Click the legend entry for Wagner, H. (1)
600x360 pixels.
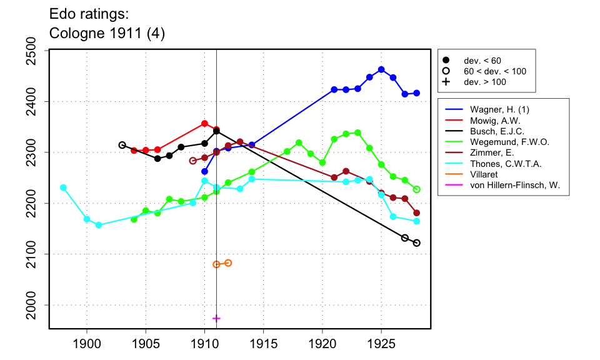(491, 109)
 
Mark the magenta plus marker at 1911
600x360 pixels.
(216, 318)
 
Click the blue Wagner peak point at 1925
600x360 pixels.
(381, 69)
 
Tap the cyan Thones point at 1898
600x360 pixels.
(63, 187)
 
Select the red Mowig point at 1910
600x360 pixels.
(204, 124)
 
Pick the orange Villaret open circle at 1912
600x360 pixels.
(228, 263)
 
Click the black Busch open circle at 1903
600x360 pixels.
(122, 145)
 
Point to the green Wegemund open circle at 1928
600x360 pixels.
(417, 189)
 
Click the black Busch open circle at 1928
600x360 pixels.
(417, 243)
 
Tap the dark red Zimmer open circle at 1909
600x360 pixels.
(192, 161)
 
